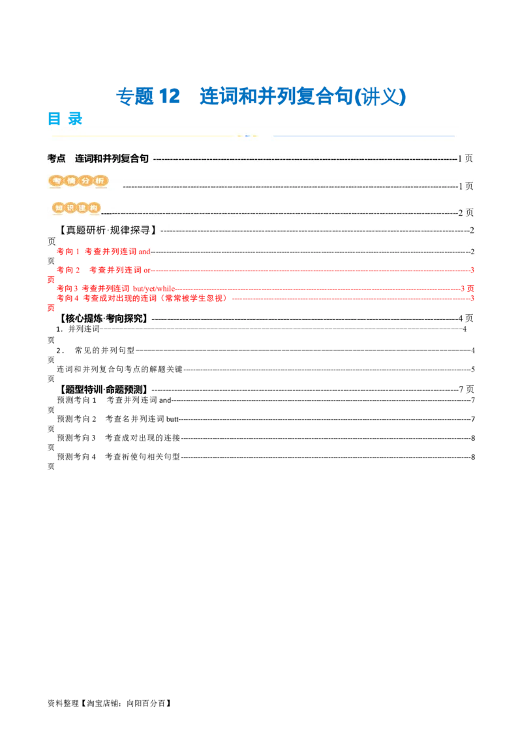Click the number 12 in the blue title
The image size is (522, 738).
pos(169,96)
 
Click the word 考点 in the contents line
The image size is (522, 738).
pos(56,158)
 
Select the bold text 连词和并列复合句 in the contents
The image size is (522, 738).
pos(112,158)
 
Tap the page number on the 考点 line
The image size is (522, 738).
pos(465,158)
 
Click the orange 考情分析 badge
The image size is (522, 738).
pos(77,181)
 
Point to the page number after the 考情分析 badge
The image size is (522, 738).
pos(465,186)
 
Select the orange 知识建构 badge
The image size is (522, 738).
pos(77,208)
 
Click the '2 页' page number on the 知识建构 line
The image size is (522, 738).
pos(465,213)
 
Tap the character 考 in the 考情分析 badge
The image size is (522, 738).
pos(56,181)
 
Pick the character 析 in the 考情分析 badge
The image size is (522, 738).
pos(99,181)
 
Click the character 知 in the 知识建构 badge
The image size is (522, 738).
pos(59,208)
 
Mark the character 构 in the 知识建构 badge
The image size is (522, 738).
pos(94,208)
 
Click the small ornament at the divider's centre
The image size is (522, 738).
pos(247,136)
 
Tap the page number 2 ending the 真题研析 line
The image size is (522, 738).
pos(472,230)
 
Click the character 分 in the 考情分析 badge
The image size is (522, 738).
pos(84,181)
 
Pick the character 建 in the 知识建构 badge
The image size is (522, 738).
pos(83,208)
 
